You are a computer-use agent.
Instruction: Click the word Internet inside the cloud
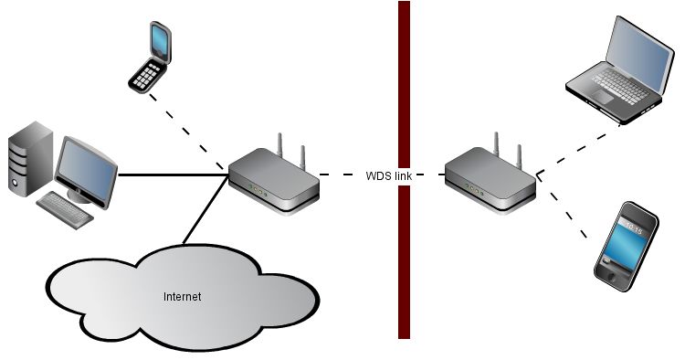click(182, 297)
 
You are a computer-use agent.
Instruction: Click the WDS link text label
click(388, 175)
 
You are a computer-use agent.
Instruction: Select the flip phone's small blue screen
click(159, 39)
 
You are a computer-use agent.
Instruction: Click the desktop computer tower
click(30, 160)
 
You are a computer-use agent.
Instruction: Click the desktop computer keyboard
click(65, 210)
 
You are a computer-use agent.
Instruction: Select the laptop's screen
click(638, 51)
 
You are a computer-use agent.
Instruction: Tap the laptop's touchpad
click(602, 98)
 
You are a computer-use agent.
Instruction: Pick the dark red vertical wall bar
click(404, 170)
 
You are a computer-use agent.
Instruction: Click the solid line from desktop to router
click(173, 175)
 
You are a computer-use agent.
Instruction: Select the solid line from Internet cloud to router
click(205, 209)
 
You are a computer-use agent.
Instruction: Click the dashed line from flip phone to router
click(186, 132)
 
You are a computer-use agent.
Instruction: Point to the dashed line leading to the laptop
click(578, 150)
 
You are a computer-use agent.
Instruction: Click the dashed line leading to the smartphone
click(563, 206)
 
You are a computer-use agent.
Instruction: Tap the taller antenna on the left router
click(279, 145)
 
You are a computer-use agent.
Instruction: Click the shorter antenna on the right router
click(519, 157)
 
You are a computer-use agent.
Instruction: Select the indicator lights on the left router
click(258, 190)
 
